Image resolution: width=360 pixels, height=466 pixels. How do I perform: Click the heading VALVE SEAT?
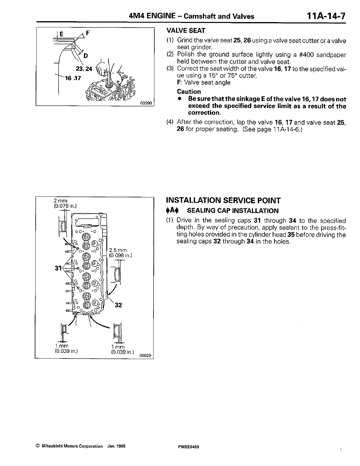point(186,31)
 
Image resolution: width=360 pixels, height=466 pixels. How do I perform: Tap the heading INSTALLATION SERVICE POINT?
point(223,201)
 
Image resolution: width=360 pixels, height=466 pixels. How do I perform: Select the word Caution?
point(189,92)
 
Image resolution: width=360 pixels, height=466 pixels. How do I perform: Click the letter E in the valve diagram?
point(61,34)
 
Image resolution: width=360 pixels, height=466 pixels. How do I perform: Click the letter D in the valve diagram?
point(86,55)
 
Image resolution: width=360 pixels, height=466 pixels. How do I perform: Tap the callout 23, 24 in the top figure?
point(84,69)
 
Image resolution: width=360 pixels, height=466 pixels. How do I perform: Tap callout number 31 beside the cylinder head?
point(58,268)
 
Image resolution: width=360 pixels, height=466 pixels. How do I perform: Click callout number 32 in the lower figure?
point(118,305)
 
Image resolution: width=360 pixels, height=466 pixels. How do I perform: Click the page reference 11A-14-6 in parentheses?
point(284,129)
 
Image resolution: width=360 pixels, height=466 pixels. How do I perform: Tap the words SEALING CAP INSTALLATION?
point(233,211)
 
